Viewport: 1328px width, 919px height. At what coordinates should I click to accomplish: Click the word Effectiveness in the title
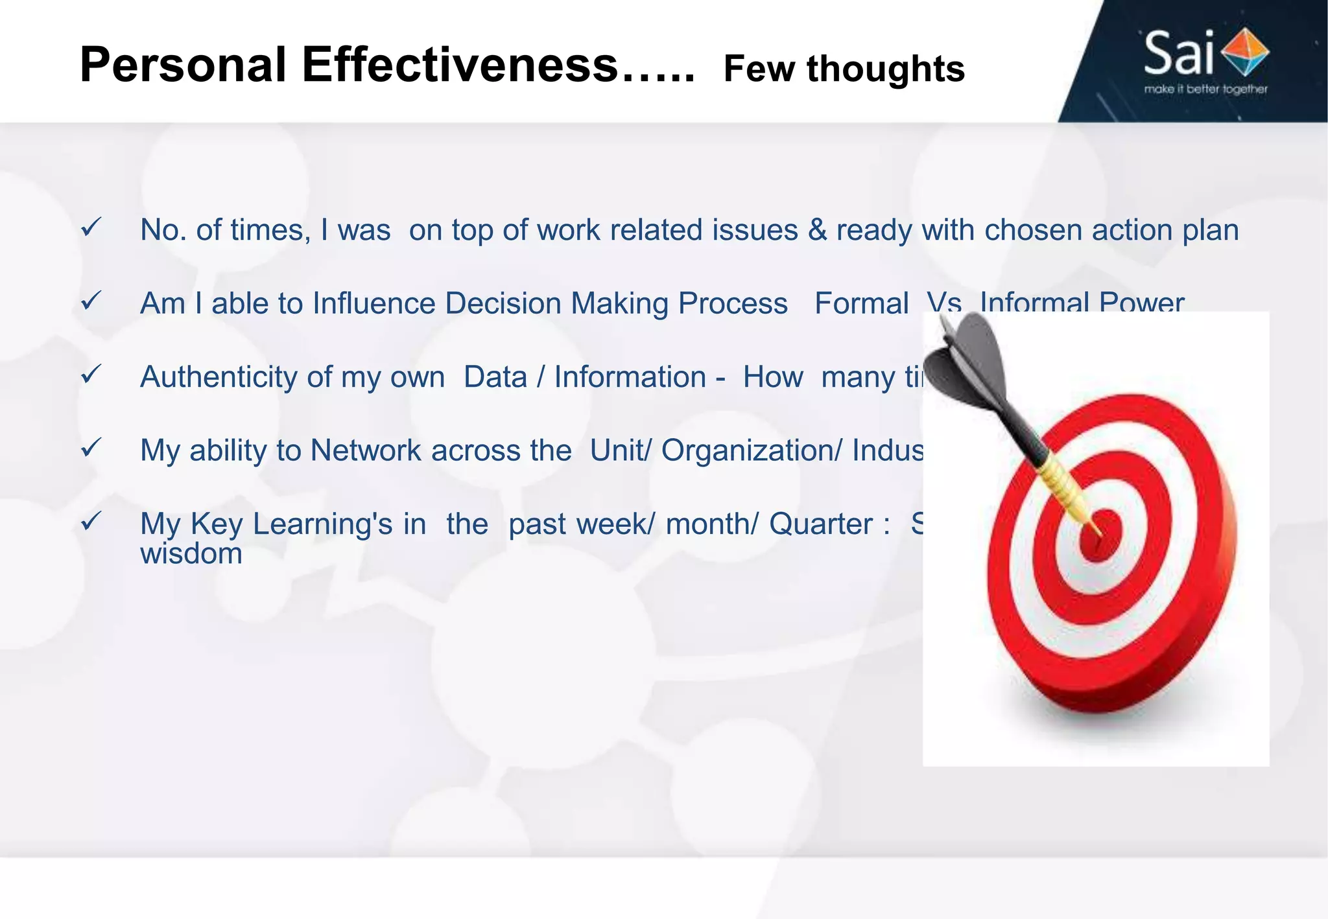pos(459,65)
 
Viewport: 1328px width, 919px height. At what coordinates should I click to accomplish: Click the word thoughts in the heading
pos(885,69)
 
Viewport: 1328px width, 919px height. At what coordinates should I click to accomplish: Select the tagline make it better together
pos(1205,89)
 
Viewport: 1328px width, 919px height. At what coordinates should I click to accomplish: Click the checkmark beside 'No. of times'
pos(91,227)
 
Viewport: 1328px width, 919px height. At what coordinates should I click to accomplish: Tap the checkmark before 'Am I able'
pos(91,301)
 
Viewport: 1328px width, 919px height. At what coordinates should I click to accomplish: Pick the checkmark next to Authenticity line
pos(91,374)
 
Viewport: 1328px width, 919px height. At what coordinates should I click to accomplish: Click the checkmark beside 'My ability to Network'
pos(91,447)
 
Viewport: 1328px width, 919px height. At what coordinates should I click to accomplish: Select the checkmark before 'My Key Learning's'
pos(91,521)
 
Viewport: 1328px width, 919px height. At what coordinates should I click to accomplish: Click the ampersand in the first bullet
pos(817,231)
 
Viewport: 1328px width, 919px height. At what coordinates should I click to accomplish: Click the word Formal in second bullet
pos(861,304)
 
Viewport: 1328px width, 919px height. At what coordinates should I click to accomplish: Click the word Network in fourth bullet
pos(366,450)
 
